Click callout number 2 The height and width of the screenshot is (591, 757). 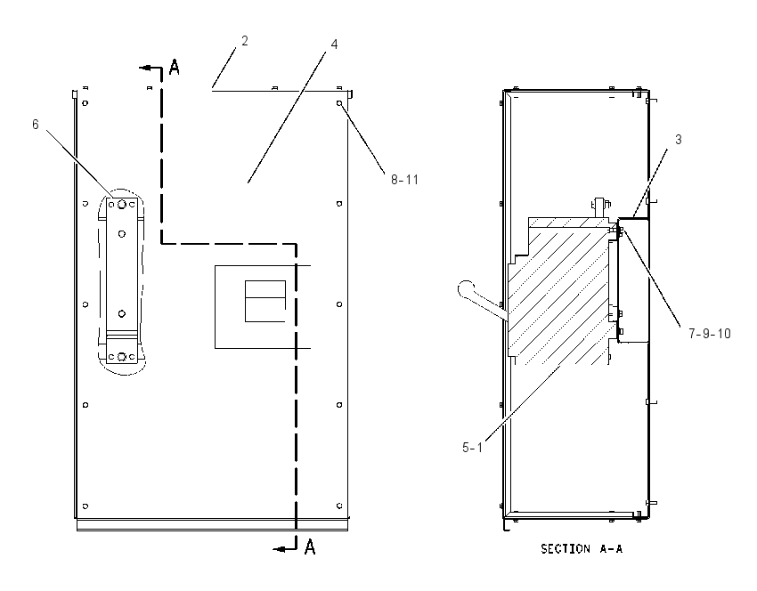point(245,41)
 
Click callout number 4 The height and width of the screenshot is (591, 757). point(334,44)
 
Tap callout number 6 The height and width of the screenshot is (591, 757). point(36,125)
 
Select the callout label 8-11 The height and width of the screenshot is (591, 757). point(404,180)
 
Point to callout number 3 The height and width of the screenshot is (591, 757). point(679,140)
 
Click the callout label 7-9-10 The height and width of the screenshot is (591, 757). point(710,334)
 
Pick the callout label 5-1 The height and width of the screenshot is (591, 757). point(472,448)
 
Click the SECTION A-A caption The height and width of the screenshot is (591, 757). point(582,548)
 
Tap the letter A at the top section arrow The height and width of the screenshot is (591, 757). point(175,67)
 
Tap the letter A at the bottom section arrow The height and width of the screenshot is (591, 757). point(310,547)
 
